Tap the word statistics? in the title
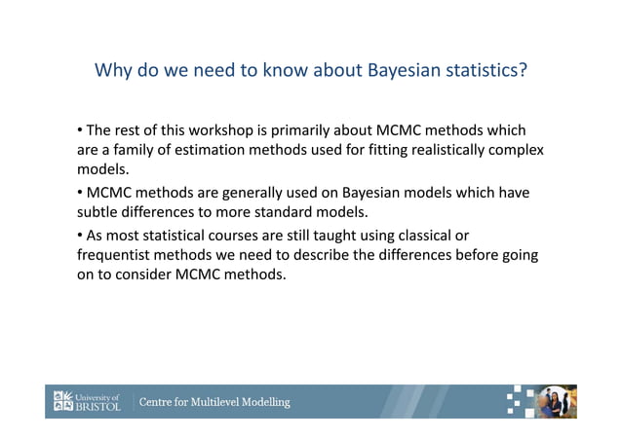coord(483,71)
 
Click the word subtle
coord(99,211)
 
